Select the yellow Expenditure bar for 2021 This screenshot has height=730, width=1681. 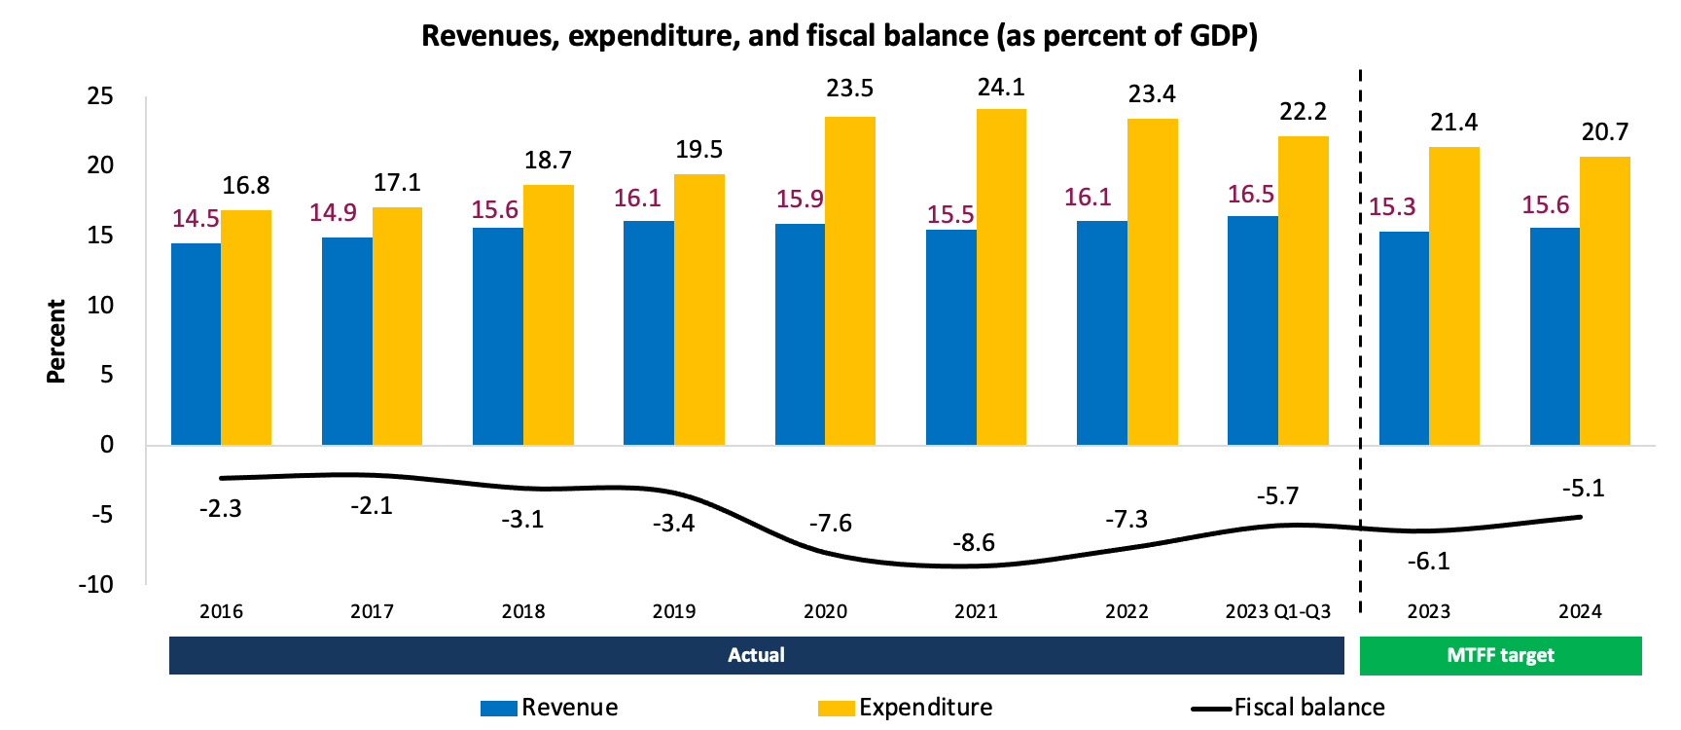click(x=1001, y=277)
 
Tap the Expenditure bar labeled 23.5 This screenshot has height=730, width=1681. click(x=850, y=281)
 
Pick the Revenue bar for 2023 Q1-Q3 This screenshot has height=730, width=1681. click(x=1253, y=331)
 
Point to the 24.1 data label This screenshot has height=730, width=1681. click(x=1001, y=88)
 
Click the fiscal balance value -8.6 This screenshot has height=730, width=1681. click(x=974, y=543)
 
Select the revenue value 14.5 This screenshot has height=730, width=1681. click(x=196, y=219)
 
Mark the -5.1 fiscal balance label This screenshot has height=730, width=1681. click(x=1583, y=489)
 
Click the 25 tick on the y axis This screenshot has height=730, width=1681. click(x=100, y=96)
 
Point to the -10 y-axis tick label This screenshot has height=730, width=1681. click(x=95, y=585)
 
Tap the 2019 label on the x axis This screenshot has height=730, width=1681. click(x=674, y=612)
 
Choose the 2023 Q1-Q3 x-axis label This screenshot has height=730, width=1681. click(x=1277, y=612)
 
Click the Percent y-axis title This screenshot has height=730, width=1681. click(x=56, y=341)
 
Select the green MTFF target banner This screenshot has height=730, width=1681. click(x=1500, y=656)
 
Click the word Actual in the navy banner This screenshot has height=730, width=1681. click(x=756, y=656)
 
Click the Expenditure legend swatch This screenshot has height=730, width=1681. click(x=836, y=709)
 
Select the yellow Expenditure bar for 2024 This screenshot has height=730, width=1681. click(x=1605, y=301)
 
